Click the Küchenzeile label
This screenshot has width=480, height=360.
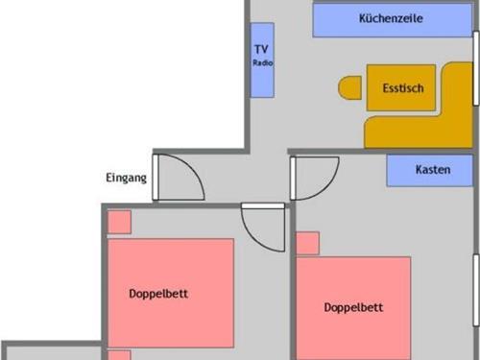pyautogui.click(x=391, y=18)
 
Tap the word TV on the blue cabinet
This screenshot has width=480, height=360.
pyautogui.click(x=261, y=49)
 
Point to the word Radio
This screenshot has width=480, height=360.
pyautogui.click(x=263, y=62)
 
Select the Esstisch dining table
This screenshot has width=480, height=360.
pyautogui.click(x=401, y=87)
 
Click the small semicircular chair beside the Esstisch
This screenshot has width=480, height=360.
pyautogui.click(x=349, y=87)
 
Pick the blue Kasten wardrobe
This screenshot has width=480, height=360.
pyautogui.click(x=429, y=170)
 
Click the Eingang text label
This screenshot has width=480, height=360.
pyautogui.click(x=126, y=178)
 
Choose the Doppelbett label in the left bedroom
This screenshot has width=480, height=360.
pyautogui.click(x=158, y=294)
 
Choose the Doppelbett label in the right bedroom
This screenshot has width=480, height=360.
pyautogui.click(x=353, y=307)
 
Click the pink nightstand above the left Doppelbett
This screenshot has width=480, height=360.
pyautogui.click(x=119, y=222)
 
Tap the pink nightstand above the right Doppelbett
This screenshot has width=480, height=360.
pyautogui.click(x=308, y=243)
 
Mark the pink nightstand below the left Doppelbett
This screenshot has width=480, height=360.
pyautogui.click(x=119, y=355)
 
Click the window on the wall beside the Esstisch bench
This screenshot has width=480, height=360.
pyautogui.click(x=476, y=68)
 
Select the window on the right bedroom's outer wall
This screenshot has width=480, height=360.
pyautogui.click(x=476, y=290)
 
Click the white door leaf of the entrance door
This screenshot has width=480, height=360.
pyautogui.click(x=156, y=178)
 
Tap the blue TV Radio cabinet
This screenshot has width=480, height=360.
pyautogui.click(x=262, y=60)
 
